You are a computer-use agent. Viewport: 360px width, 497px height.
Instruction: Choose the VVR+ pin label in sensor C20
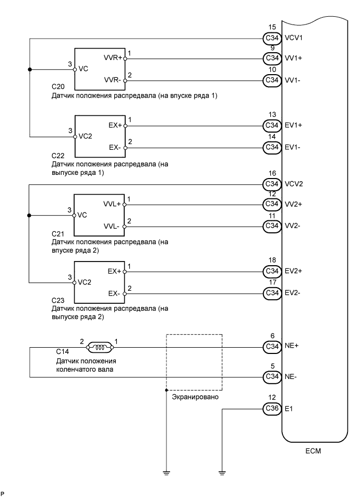(113, 58)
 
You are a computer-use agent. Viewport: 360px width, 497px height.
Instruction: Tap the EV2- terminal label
(292, 293)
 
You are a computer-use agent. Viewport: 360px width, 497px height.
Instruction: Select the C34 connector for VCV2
(271, 184)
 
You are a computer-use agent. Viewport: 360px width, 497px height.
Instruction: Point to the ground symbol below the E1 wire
(222, 474)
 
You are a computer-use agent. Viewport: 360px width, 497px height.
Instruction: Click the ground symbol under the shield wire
(165, 474)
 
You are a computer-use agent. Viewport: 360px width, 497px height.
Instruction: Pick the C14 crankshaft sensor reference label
(62, 353)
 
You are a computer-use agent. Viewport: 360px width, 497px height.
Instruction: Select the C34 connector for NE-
(271, 376)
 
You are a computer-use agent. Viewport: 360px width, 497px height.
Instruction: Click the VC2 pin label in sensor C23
(84, 282)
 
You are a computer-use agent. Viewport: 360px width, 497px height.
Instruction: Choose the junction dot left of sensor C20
(30, 69)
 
